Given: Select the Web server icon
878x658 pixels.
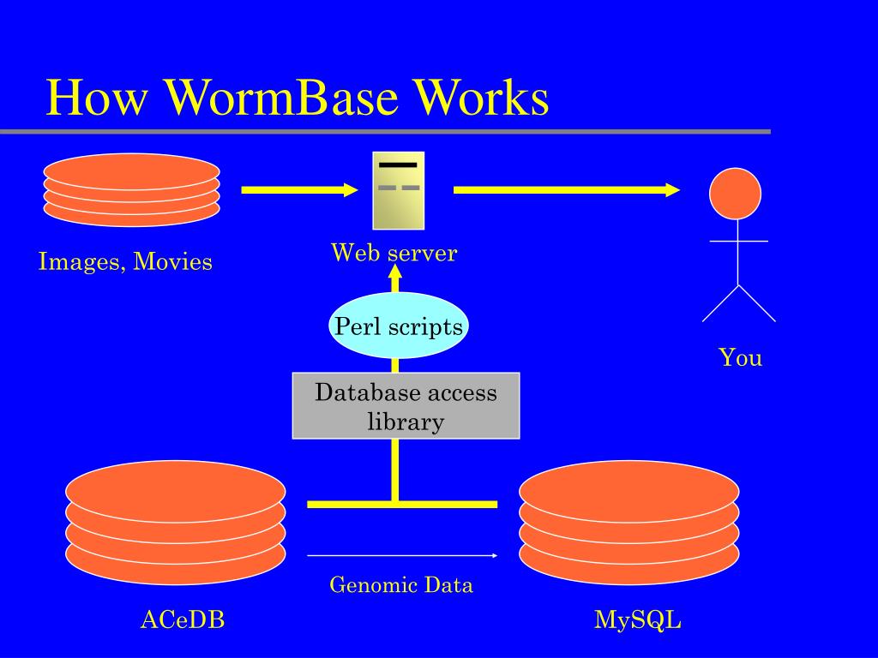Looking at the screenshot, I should pyautogui.click(x=398, y=190).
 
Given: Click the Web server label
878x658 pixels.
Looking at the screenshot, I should pyautogui.click(x=394, y=253).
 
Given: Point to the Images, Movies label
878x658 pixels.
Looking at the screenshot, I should pyautogui.click(x=125, y=261).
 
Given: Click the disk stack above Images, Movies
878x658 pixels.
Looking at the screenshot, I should pyautogui.click(x=131, y=190).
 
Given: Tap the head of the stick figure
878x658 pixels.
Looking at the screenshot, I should pyautogui.click(x=735, y=193).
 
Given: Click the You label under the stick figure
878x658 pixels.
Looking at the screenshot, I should pyautogui.click(x=740, y=357).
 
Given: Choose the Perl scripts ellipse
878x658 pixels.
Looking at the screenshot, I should pyautogui.click(x=399, y=326).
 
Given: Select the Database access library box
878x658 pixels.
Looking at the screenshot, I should pyautogui.click(x=406, y=406).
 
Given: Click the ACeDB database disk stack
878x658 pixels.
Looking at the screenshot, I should pyautogui.click(x=176, y=523).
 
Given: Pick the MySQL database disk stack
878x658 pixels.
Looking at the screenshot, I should pyautogui.click(x=628, y=523).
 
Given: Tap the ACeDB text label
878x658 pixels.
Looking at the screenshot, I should pyautogui.click(x=183, y=619).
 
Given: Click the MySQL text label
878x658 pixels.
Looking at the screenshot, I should pyautogui.click(x=638, y=619).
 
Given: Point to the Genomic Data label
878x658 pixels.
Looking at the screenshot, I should pyautogui.click(x=401, y=585).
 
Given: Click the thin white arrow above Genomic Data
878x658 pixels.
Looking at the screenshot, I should pyautogui.click(x=402, y=555).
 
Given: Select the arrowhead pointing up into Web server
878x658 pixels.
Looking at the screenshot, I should pyautogui.click(x=394, y=272).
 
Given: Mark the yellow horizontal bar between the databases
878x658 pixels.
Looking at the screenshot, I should pyautogui.click(x=402, y=505).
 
